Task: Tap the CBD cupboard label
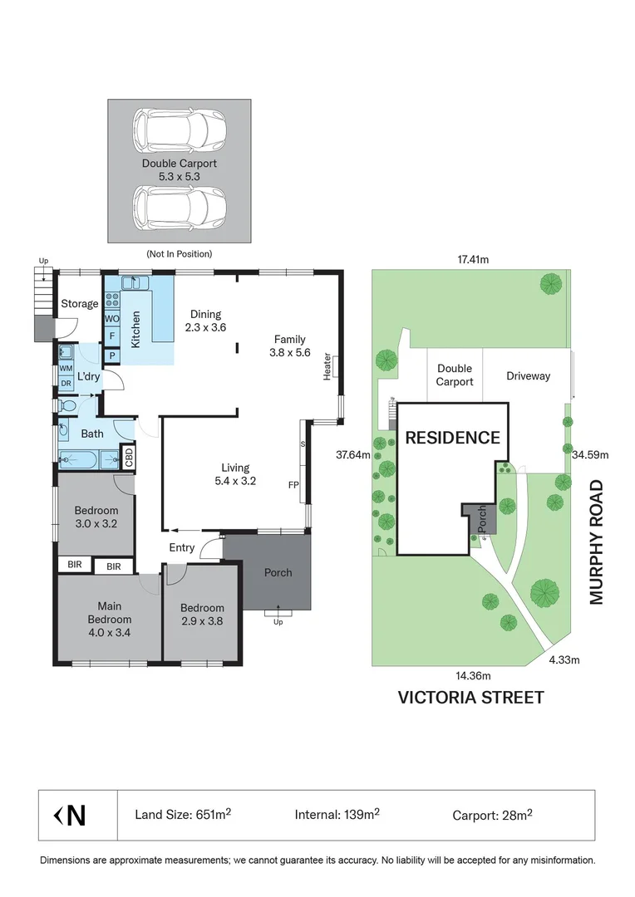point(129,456)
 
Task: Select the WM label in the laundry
point(66,368)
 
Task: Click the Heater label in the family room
point(328,367)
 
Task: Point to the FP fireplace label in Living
point(293,484)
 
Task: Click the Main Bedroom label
point(110,613)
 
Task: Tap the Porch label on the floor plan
point(278,572)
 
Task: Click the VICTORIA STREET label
point(471,697)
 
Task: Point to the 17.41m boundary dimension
point(472,259)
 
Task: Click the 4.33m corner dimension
point(564,660)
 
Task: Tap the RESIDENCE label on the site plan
point(452,438)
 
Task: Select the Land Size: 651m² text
point(183,815)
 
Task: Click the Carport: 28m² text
point(492,815)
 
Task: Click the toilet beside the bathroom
point(68,406)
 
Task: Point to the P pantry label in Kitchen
point(112,356)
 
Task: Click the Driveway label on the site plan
point(528,375)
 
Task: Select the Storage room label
point(79,304)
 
